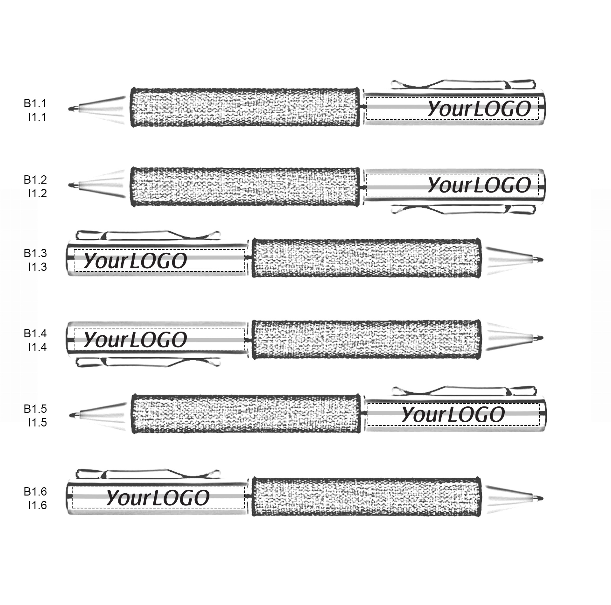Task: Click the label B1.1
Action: [x=35, y=103]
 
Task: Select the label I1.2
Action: [x=37, y=193]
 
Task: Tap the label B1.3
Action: [x=35, y=253]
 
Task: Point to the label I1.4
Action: [x=37, y=347]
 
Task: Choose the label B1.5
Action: [x=35, y=409]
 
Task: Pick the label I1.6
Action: [x=37, y=505]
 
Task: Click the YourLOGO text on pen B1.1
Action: [x=479, y=109]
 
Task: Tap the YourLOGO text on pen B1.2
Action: [x=479, y=185]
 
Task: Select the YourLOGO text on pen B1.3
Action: [x=135, y=261]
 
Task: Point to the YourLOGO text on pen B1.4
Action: [x=135, y=339]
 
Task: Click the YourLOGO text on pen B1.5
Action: [x=453, y=414]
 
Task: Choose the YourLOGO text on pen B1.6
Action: [x=158, y=497]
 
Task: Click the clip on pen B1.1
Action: [x=461, y=84]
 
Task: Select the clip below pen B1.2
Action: [x=461, y=209]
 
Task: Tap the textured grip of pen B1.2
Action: [x=245, y=186]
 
